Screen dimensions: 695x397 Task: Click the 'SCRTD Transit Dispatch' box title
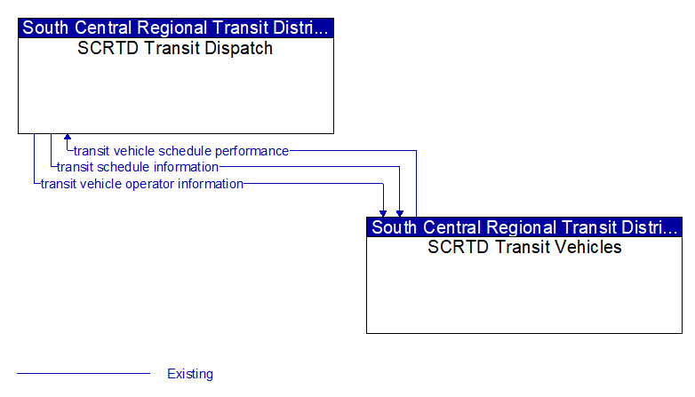point(175,48)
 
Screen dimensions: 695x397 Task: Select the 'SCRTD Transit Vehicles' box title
point(524,247)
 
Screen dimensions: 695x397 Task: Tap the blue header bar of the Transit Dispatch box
point(176,28)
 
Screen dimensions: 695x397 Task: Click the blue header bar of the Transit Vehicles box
point(524,227)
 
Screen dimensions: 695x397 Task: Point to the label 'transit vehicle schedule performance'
point(181,151)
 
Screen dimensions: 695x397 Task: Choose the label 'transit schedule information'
point(138,167)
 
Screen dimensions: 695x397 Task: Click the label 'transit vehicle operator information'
point(142,184)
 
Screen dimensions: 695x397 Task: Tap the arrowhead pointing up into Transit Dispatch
point(68,137)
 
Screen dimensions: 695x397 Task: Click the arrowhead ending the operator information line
point(383,213)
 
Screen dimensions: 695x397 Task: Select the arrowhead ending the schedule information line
point(400,213)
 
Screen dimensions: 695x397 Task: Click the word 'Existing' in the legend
point(190,374)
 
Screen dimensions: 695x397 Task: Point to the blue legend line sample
point(84,374)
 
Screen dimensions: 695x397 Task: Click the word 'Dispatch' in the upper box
point(238,49)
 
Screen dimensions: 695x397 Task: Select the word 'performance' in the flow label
point(252,152)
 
